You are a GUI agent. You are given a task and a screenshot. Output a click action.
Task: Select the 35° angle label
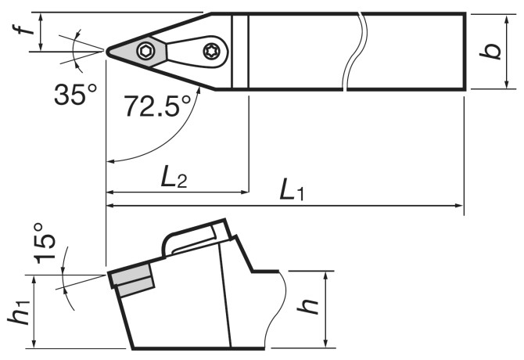[76, 94]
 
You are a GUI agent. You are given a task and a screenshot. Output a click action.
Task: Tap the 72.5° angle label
[157, 106]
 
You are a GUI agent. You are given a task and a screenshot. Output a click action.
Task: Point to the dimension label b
[490, 51]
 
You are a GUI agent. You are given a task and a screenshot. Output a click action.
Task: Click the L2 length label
[174, 177]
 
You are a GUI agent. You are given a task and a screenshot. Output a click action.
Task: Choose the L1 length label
[292, 189]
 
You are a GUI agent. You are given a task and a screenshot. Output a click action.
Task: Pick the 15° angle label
[45, 243]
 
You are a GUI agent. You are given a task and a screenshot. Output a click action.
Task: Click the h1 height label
[19, 311]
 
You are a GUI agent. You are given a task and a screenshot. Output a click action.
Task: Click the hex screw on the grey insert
[146, 51]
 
